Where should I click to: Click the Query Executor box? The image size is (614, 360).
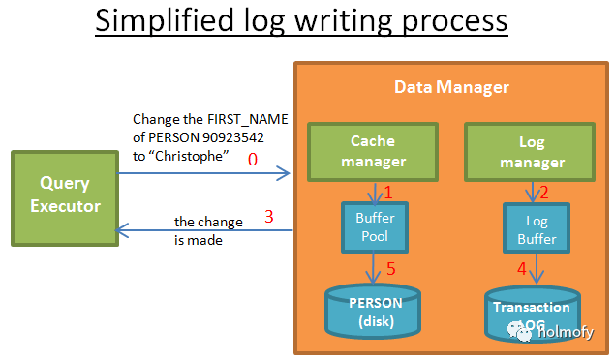click(65, 198)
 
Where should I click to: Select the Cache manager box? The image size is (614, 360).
click(373, 152)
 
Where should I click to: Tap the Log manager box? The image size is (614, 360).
click(530, 152)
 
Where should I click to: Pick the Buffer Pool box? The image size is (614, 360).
click(375, 227)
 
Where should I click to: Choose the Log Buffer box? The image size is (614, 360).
click(537, 227)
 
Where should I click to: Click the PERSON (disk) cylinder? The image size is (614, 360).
click(373, 312)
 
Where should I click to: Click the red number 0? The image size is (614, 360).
click(253, 160)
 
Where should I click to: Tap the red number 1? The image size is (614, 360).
click(388, 193)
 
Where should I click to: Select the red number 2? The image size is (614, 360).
click(544, 193)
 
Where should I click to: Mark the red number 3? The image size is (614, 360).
click(268, 217)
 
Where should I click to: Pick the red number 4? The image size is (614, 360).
click(522, 269)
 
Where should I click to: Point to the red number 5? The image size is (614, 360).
click(391, 269)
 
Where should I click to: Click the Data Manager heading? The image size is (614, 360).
click(451, 87)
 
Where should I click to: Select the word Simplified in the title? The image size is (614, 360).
click(165, 20)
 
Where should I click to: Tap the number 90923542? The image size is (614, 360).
click(233, 137)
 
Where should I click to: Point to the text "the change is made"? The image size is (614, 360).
click(208, 231)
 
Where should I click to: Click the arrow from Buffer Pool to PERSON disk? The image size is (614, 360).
click(373, 268)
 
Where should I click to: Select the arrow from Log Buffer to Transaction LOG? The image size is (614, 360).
click(537, 268)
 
